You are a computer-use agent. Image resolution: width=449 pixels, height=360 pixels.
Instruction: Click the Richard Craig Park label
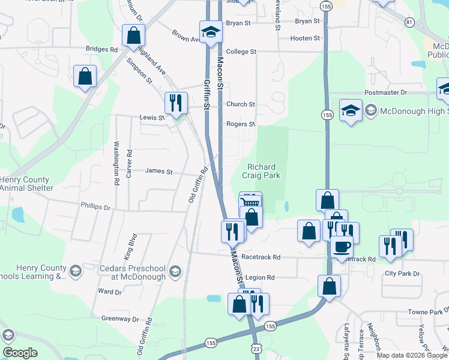pyautogui.click(x=261, y=171)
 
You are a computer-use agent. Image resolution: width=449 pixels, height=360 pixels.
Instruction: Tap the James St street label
pyautogui.click(x=159, y=172)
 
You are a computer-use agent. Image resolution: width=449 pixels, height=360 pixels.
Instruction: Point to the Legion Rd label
pyautogui.click(x=259, y=278)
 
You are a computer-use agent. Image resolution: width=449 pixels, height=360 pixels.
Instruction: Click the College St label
pyautogui.click(x=241, y=52)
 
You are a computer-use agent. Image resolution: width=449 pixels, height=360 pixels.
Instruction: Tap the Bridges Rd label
pyautogui.click(x=101, y=49)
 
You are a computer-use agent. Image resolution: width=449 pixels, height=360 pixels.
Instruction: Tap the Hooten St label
pyautogui.click(x=305, y=38)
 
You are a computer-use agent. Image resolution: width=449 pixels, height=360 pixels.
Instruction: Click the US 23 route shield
pyautogui.click(x=256, y=347)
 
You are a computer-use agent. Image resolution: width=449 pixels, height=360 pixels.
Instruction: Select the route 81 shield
pyautogui.click(x=409, y=22)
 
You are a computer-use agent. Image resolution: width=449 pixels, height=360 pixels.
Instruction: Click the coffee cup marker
pyautogui.click(x=342, y=246)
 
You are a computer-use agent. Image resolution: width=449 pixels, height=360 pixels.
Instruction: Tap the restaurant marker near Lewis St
pyautogui.click(x=175, y=103)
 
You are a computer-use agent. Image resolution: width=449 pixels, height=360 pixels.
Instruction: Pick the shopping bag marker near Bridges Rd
pyautogui.click(x=132, y=36)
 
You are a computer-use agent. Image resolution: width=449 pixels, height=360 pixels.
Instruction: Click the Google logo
pyautogui.click(x=20, y=353)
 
